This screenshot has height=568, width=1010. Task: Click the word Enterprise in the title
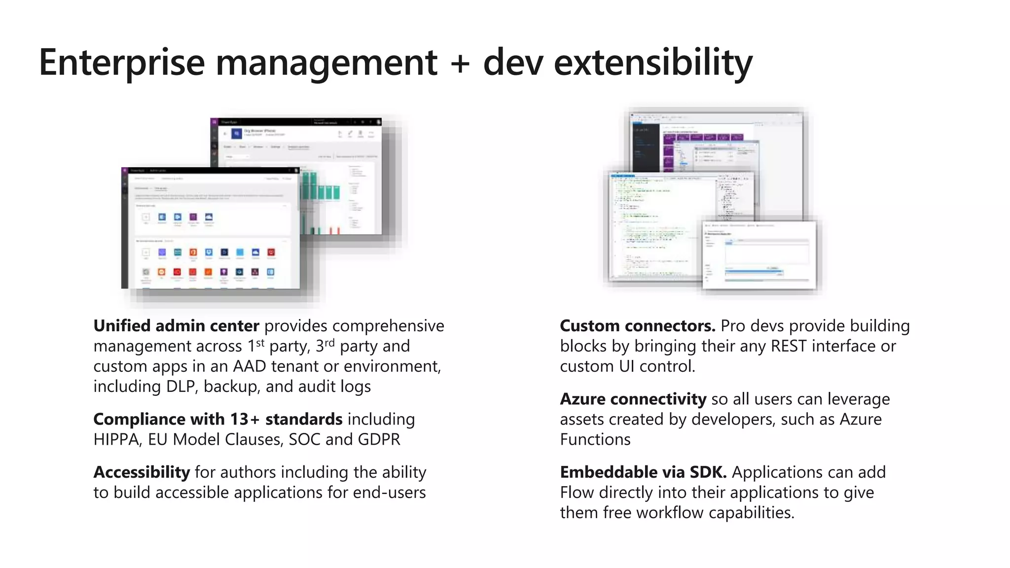[121, 63]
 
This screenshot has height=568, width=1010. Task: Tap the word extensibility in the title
[653, 63]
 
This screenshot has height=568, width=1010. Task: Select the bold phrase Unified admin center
[176, 326]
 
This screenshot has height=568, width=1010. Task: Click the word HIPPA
[116, 439]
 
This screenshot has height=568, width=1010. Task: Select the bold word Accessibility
[142, 472]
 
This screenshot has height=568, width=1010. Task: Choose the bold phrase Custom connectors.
[637, 326]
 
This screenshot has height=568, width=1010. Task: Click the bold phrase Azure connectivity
[633, 399]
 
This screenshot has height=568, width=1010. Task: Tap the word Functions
[595, 439]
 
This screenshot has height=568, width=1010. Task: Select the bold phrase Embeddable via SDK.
[643, 472]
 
